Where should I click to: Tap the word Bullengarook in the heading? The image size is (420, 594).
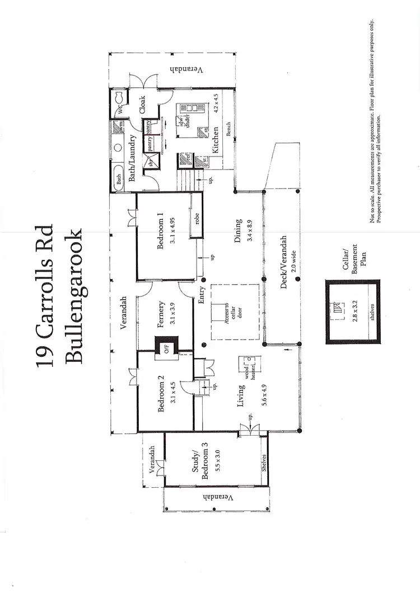73,296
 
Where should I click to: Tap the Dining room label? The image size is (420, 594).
239,230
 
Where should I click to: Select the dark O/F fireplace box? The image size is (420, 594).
167,347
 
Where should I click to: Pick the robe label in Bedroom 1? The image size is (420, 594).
197,219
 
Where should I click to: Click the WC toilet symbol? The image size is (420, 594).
119,101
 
